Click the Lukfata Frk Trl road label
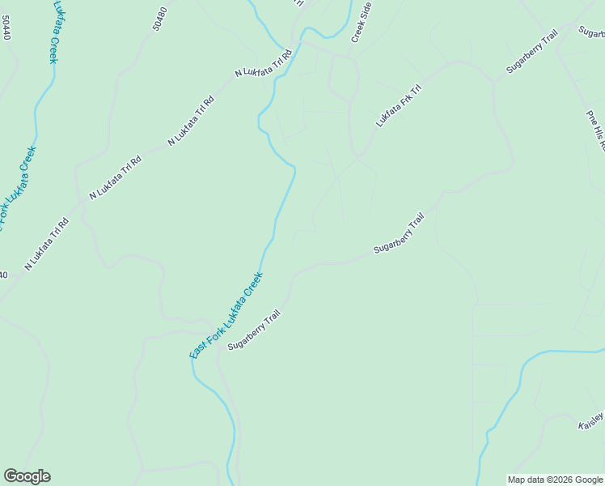coord(399,105)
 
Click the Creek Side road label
coord(362,22)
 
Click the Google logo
coord(27,476)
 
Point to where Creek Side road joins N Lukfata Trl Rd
coord(349,57)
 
